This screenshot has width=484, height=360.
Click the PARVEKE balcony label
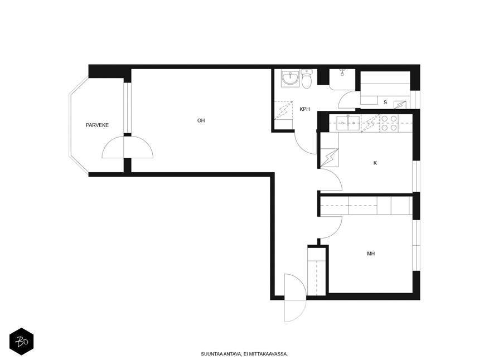point(97,125)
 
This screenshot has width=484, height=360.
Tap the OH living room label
point(201,120)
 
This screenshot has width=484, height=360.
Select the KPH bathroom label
point(304,109)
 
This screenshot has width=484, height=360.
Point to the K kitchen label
point(375,163)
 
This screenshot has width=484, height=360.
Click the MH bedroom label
point(371,254)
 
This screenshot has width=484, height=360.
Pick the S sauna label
point(385,103)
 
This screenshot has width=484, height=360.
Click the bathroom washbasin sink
point(290,79)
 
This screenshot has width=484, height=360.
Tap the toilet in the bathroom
point(307,79)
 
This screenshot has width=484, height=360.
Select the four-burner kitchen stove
point(389,123)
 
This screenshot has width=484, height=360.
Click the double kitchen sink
point(348,123)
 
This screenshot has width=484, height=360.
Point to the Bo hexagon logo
point(22,342)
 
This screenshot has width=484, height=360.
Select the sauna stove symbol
point(400,105)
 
